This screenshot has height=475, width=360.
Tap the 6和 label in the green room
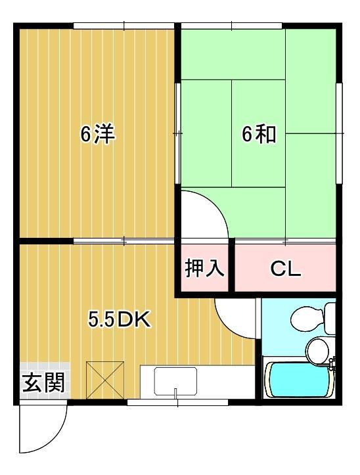tap(258, 135)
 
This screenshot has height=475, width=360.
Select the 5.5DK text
tap(120, 320)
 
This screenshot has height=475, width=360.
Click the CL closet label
tap(286, 268)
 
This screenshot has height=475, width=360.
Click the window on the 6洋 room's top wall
tap(124, 26)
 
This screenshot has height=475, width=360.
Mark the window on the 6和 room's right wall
tap(339, 135)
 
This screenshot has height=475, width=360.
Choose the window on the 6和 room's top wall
tap(231, 26)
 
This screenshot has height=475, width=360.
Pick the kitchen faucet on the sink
tap(175, 393)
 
